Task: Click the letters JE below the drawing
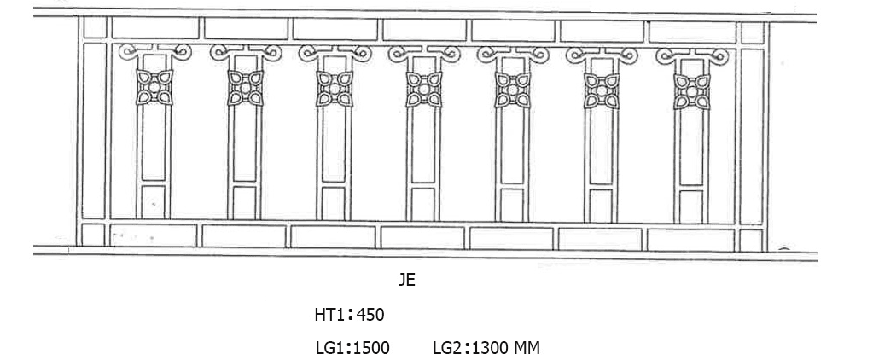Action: pos(407,280)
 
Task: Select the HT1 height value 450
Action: pos(370,315)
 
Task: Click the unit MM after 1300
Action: pos(526,348)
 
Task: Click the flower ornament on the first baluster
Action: pos(155,87)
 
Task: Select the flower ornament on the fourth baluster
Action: pos(423,89)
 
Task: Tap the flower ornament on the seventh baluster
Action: pos(692,90)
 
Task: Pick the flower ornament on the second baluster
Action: pos(245,88)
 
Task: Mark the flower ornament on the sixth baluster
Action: pos(602,90)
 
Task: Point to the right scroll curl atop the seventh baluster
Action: pos(719,55)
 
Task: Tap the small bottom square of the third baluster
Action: pos(334,203)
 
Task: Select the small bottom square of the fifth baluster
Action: pos(512,205)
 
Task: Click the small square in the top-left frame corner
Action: pos(95,28)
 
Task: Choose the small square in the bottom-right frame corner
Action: pos(752,241)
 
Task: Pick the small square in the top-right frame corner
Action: pos(752,33)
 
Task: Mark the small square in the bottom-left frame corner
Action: pos(93,234)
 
